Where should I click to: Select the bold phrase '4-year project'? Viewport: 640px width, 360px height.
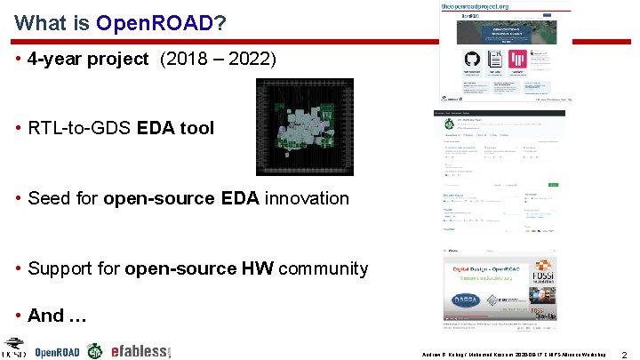[x=88, y=60]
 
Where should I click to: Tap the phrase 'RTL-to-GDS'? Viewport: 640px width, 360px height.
[x=80, y=128]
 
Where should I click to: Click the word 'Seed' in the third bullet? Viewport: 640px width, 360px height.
[x=49, y=198]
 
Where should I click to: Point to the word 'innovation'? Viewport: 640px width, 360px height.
[x=305, y=198]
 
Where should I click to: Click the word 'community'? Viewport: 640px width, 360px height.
[x=324, y=268]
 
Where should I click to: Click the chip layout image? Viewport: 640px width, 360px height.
[x=304, y=126]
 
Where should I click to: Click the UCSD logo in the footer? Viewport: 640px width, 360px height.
[x=15, y=348]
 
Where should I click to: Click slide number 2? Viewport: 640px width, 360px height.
[x=625, y=354]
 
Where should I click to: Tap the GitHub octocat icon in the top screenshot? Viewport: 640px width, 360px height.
[x=471, y=60]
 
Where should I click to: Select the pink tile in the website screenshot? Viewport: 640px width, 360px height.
[x=538, y=60]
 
